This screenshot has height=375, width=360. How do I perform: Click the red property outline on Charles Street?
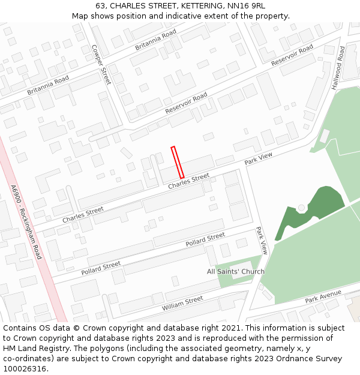pyautogui.click(x=177, y=162)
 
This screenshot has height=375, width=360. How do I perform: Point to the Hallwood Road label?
pyautogui.click(x=338, y=68)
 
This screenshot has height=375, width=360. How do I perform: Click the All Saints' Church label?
pyautogui.click(x=236, y=272)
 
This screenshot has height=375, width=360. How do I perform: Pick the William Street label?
pyautogui.click(x=182, y=304)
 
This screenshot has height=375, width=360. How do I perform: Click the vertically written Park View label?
pyautogui.click(x=262, y=240)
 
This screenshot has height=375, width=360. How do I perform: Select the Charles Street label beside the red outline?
pyautogui.click(x=188, y=181)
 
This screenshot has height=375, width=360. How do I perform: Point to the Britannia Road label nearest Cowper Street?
pyautogui.click(x=155, y=39)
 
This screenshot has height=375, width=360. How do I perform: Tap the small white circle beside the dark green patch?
pyautogui.click(x=301, y=208)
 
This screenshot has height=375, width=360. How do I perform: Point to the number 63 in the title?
pyautogui.click(x=100, y=6)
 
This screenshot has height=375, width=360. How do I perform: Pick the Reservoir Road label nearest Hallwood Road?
pyautogui.click(x=292, y=55)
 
